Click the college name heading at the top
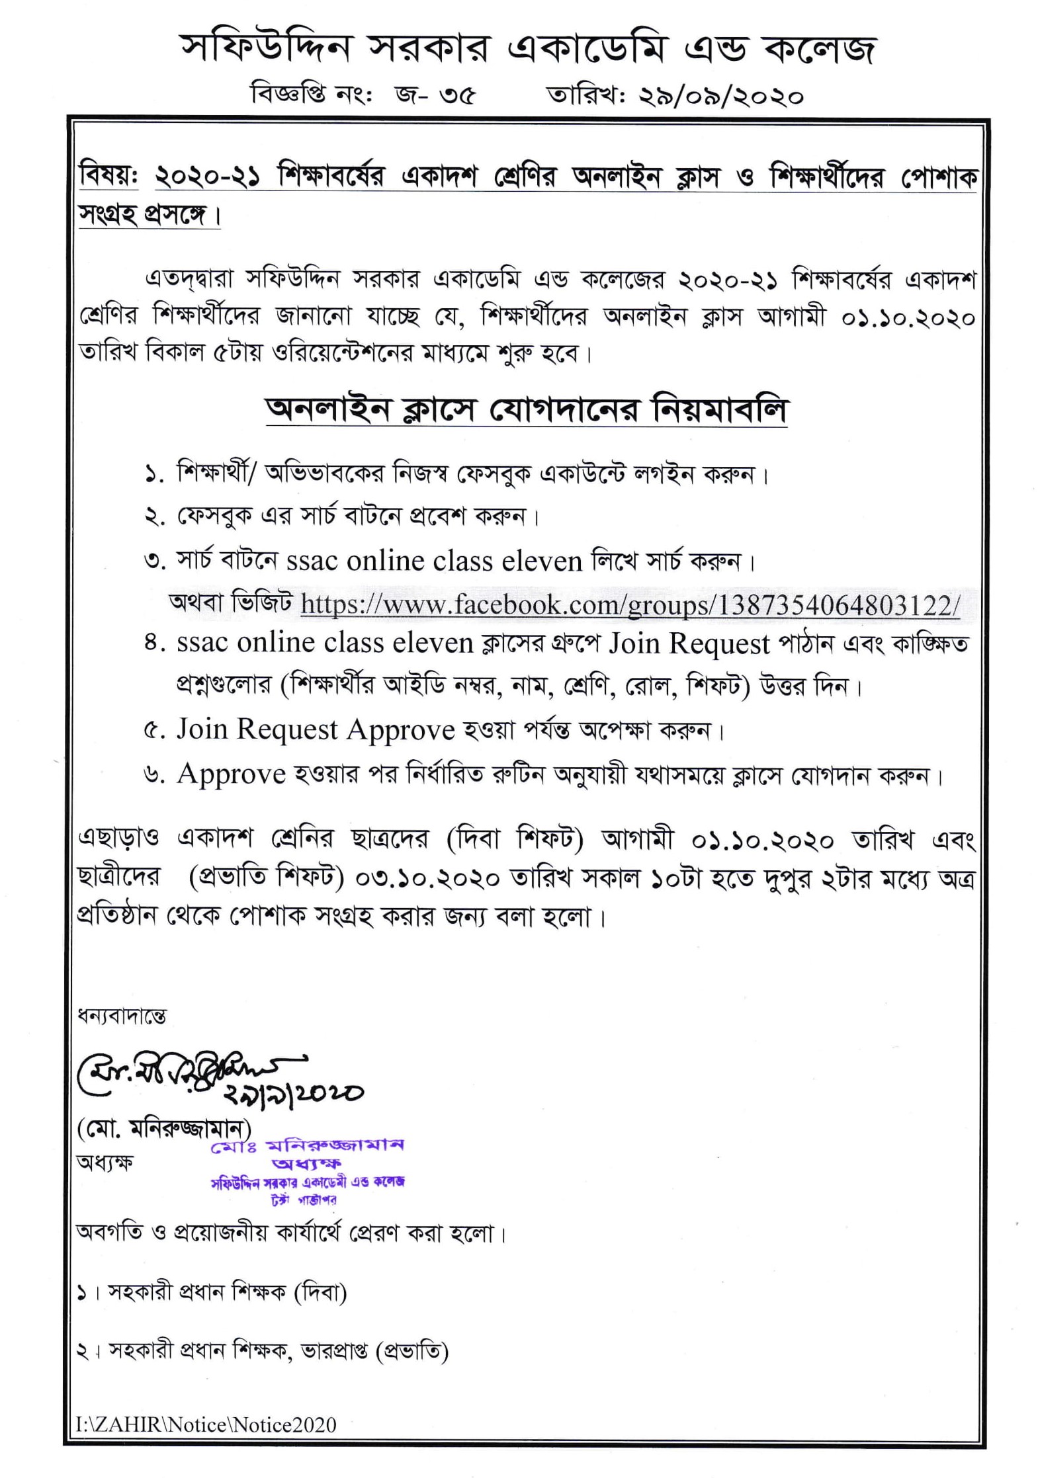click(527, 50)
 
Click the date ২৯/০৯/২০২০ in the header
click(720, 97)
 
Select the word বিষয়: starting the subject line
click(108, 177)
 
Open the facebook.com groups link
click(629, 604)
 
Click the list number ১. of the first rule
click(154, 474)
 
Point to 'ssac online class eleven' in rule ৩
click(434, 561)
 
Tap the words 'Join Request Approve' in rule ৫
click(315, 730)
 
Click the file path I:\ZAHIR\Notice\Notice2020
click(206, 1424)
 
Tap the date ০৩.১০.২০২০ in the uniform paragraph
click(427, 879)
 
